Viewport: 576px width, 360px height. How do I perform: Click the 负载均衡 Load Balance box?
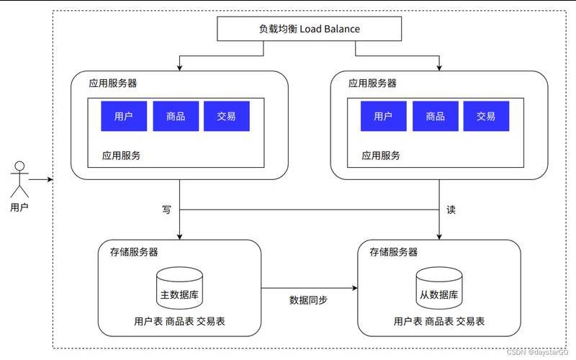tap(309, 30)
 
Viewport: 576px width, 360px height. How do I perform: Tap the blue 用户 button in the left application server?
tap(124, 116)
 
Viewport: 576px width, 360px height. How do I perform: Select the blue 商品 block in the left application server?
tap(176, 116)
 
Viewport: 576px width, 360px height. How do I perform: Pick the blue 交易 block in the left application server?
tap(226, 116)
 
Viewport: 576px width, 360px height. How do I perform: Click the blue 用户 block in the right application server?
tap(383, 116)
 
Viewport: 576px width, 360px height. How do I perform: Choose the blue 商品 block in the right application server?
tap(435, 116)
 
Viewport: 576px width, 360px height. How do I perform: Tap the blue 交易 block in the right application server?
tap(486, 116)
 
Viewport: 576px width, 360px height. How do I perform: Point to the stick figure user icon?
tap(19, 179)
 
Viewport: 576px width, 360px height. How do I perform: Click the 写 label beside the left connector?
tap(166, 210)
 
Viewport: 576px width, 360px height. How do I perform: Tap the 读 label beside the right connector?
tap(451, 210)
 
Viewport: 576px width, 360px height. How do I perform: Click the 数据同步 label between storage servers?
tap(308, 300)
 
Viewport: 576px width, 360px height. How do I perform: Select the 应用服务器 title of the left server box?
tap(113, 83)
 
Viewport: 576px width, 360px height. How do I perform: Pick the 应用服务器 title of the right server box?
tap(372, 83)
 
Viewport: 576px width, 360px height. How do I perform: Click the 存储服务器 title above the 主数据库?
tap(134, 252)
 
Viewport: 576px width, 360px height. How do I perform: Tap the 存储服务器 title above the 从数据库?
tap(393, 252)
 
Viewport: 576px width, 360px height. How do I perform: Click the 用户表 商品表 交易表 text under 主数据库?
tap(179, 321)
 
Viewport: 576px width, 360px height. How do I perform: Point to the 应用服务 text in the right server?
tap(381, 155)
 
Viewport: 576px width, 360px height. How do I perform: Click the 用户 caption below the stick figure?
tap(19, 207)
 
